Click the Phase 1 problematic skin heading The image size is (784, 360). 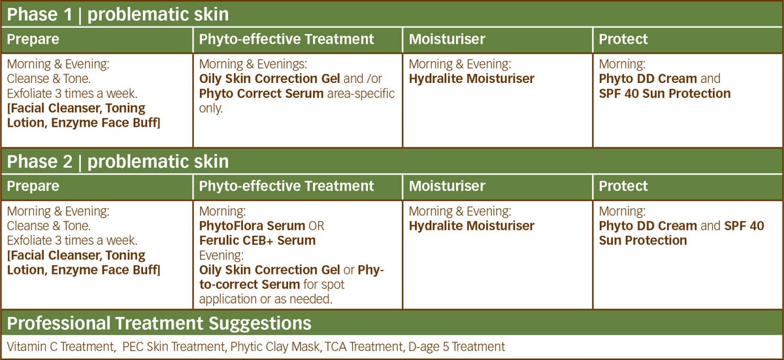point(118,14)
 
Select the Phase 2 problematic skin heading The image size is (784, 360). point(118,161)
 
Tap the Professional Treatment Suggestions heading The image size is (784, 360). point(159,323)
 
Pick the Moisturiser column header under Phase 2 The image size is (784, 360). point(447,186)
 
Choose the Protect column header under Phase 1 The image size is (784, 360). point(623,39)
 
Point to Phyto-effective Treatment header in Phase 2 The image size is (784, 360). point(286,186)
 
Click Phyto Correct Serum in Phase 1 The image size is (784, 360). point(261,94)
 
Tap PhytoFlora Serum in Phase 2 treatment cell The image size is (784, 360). point(252,226)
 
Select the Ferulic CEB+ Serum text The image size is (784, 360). point(257,240)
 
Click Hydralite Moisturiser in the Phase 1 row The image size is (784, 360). point(472,79)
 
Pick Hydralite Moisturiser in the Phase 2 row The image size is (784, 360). point(472,226)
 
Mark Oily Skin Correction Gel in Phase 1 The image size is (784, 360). point(269,79)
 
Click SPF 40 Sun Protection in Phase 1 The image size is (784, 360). point(664,94)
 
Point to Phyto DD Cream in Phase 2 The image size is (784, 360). point(648,226)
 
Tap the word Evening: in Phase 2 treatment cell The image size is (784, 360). point(221,255)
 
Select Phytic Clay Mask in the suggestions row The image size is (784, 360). point(275,347)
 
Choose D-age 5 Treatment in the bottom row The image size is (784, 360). point(457,347)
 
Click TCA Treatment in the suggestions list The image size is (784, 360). point(365,347)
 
